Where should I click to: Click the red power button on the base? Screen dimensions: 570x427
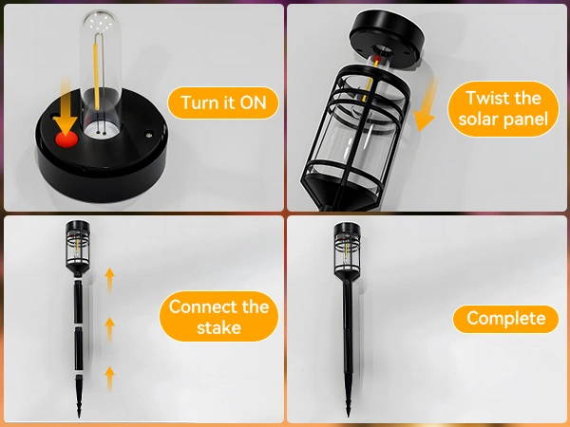click(66, 139)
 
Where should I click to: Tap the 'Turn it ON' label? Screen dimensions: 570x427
click(223, 102)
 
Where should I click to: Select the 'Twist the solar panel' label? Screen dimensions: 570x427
click(503, 109)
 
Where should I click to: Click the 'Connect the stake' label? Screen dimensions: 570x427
click(218, 317)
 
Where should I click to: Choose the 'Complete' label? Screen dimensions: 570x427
click(505, 319)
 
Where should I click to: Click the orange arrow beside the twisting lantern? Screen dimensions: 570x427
click(427, 103)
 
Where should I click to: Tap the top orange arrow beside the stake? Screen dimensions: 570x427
click(109, 278)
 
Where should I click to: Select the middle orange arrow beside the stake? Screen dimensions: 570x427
click(109, 328)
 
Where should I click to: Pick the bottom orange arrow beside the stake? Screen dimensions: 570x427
click(109, 378)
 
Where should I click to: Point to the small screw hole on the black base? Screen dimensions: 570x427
click(148, 135)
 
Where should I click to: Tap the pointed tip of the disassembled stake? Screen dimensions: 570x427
click(79, 417)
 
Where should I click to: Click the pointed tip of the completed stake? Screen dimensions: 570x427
click(348, 416)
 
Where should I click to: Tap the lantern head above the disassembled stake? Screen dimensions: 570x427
click(78, 247)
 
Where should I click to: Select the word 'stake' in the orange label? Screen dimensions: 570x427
click(218, 327)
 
